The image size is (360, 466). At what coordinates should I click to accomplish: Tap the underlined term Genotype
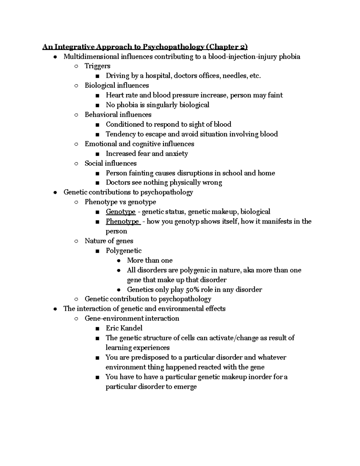point(121,212)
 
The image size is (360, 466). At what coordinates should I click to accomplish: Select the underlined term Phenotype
point(122,221)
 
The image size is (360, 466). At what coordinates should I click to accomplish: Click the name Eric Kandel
point(124,328)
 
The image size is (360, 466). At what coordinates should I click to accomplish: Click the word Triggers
point(97,66)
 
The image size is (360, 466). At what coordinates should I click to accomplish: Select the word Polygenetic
point(124,251)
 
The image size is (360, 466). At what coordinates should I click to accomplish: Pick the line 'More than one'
point(150,260)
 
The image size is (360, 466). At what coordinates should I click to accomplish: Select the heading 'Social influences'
point(110,163)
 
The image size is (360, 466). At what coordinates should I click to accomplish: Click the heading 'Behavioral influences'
point(118,115)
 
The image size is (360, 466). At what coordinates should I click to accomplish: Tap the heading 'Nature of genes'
point(109,241)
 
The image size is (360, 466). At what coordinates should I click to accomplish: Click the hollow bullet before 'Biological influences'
point(76,86)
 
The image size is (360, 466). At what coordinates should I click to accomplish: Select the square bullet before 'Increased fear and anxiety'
point(97,154)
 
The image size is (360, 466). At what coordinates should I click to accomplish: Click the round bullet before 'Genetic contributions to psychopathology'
point(55,193)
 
